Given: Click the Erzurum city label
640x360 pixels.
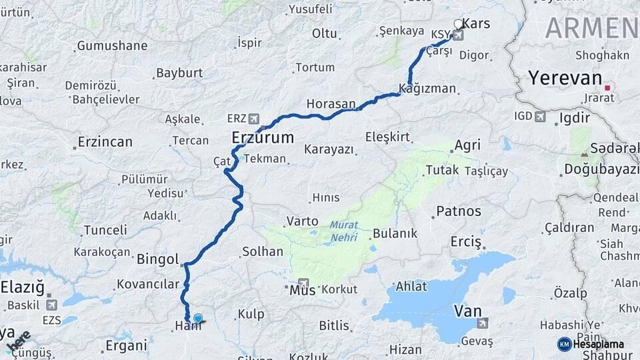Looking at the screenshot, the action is pos(263,138).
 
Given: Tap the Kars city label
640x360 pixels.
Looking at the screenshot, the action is pos(476,24).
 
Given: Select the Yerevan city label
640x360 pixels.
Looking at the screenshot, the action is pos(565,78).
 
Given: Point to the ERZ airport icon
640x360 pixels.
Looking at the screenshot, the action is pos(253,119).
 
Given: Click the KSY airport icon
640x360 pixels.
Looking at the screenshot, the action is pos(458,35).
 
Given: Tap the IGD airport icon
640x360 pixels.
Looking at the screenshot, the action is pos(540,117).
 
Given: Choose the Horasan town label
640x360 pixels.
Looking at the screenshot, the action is pos(331,104).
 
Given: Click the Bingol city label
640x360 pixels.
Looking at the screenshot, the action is pos(158,259).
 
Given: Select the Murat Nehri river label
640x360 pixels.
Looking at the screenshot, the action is pos(343,231).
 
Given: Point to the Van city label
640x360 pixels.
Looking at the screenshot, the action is pos(467,311).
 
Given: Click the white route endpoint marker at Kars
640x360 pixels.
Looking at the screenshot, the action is pos(458,25).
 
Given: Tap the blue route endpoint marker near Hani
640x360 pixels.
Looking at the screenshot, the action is pos(198,318).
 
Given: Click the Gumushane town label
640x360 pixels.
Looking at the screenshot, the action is pos(112,46).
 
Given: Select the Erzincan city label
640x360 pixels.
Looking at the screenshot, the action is pos(105,142).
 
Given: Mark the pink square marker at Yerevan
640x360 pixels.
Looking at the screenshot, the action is pos(607,87).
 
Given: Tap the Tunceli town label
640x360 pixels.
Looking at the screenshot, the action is pos(105,230).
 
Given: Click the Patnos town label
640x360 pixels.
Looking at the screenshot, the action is pos(459,211).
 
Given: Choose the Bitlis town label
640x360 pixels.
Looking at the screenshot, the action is pos(334,326).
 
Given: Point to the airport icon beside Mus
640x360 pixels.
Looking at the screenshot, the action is pos(304,283).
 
